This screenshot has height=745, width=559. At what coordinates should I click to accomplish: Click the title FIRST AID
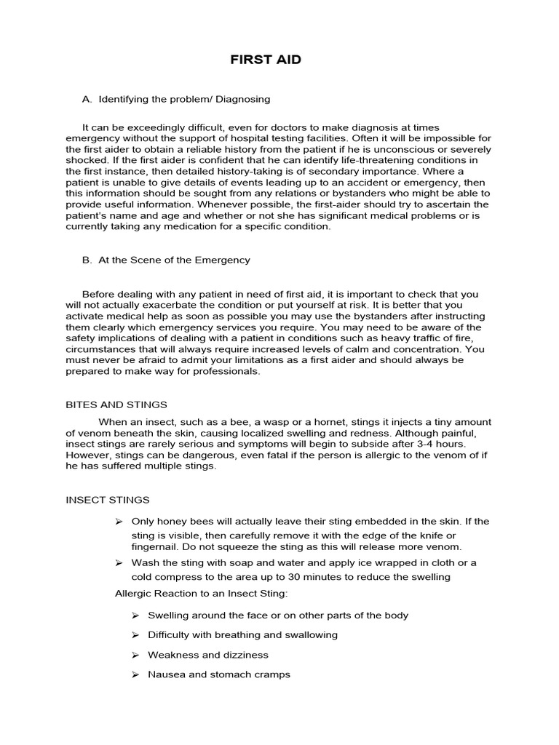tap(266, 60)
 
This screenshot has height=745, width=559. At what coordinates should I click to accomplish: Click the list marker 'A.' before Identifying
tap(87, 98)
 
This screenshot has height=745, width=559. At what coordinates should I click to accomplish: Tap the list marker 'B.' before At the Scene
tap(87, 260)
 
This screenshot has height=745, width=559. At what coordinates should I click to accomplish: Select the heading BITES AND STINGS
tap(116, 405)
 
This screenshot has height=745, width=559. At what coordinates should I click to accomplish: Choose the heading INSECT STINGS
tap(108, 500)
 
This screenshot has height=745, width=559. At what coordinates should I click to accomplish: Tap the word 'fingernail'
tap(155, 546)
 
